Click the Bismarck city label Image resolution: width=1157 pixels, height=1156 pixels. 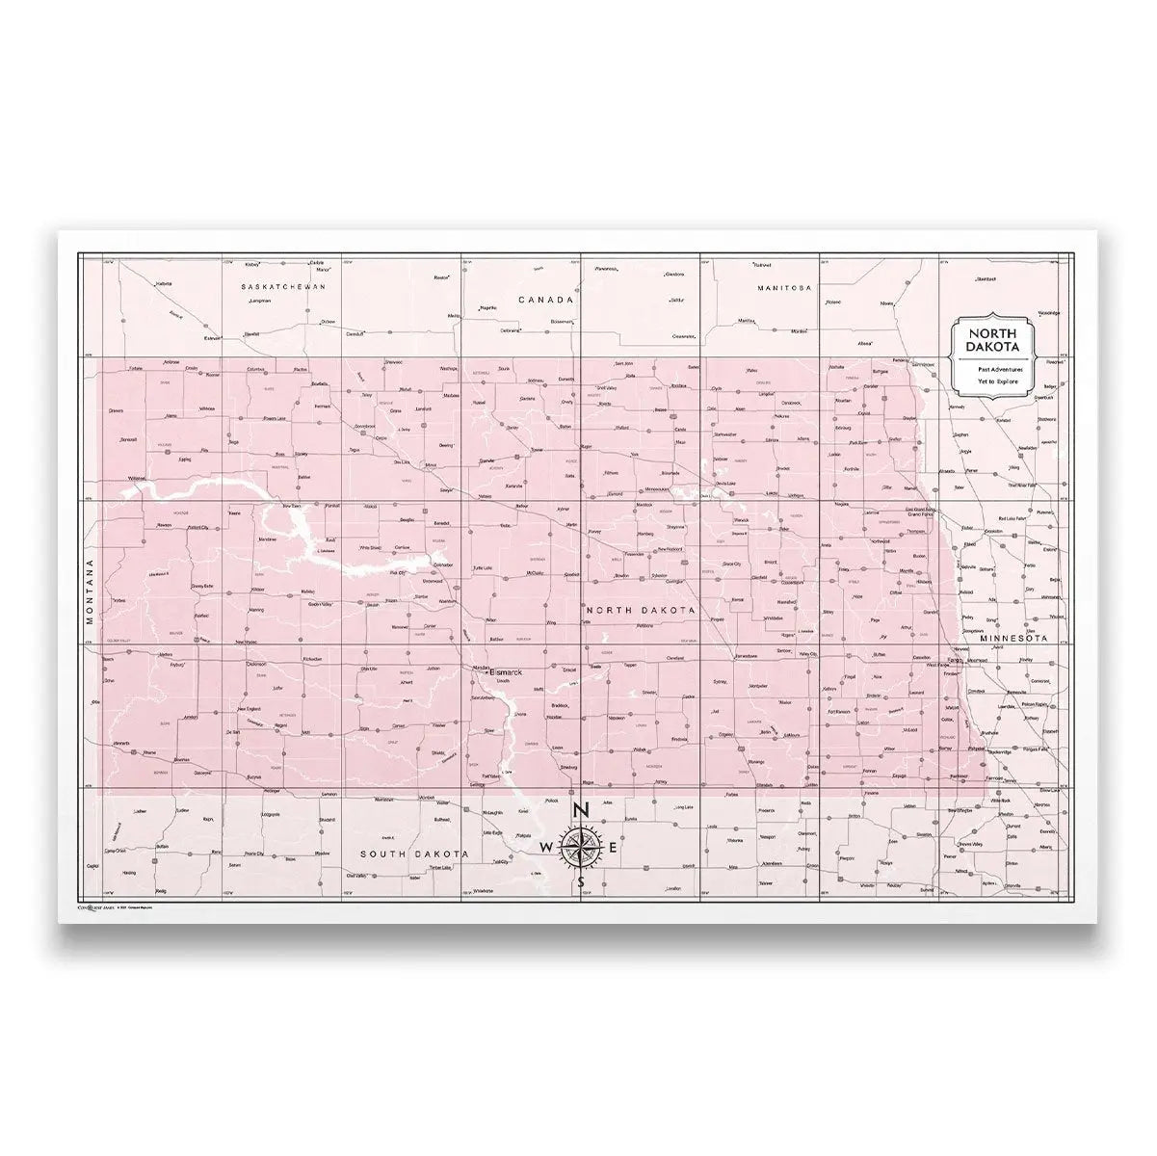506,671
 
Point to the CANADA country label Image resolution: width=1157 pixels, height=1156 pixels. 546,300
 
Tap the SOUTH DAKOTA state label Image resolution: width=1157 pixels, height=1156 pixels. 414,854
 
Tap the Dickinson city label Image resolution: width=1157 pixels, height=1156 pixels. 256,664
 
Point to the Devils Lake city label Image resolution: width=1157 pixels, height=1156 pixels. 724,484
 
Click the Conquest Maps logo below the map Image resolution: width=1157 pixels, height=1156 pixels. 96,906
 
